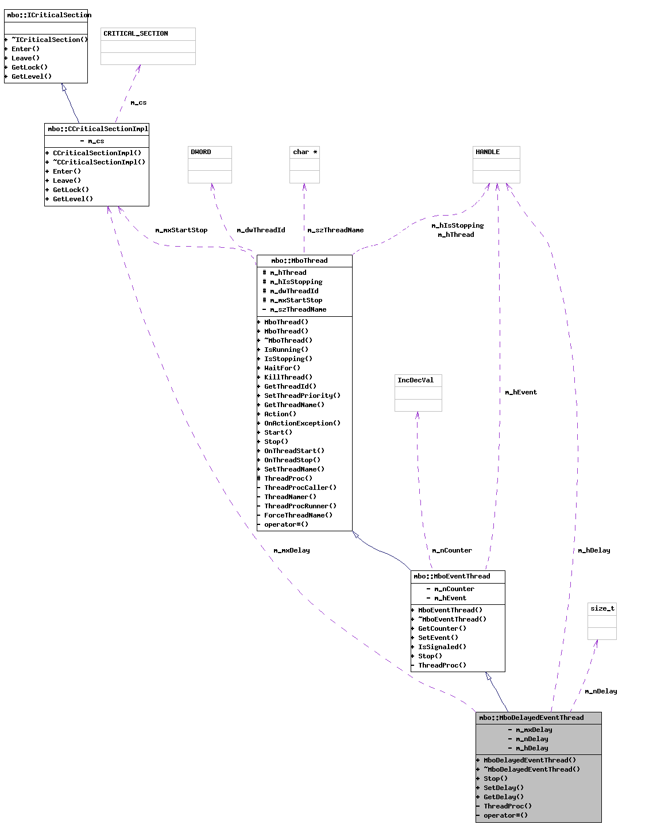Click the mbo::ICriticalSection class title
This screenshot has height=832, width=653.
click(x=48, y=15)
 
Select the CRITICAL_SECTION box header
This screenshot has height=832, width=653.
click(x=136, y=34)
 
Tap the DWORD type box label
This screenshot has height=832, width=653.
click(x=201, y=152)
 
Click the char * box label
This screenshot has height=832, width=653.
click(x=305, y=152)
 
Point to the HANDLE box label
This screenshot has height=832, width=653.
click(x=488, y=152)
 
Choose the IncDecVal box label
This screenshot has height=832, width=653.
click(x=416, y=381)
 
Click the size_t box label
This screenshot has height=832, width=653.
click(x=602, y=609)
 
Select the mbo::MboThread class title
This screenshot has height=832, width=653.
click(x=299, y=261)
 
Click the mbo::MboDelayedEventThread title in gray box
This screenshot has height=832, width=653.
click(x=531, y=718)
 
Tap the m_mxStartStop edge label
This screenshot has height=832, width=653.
click(x=181, y=231)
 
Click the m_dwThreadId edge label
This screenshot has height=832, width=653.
click(x=261, y=231)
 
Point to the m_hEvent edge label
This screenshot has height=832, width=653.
click(x=521, y=393)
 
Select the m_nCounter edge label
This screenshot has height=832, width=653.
click(x=452, y=551)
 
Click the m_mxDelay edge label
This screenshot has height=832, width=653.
click(x=292, y=551)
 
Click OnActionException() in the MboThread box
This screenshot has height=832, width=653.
click(x=302, y=424)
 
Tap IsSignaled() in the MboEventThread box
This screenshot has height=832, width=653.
click(x=442, y=647)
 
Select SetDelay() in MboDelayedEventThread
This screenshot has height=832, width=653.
click(x=504, y=788)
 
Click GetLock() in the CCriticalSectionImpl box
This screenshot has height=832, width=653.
click(x=71, y=190)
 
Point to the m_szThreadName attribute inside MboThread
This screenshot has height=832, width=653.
click(x=298, y=310)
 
